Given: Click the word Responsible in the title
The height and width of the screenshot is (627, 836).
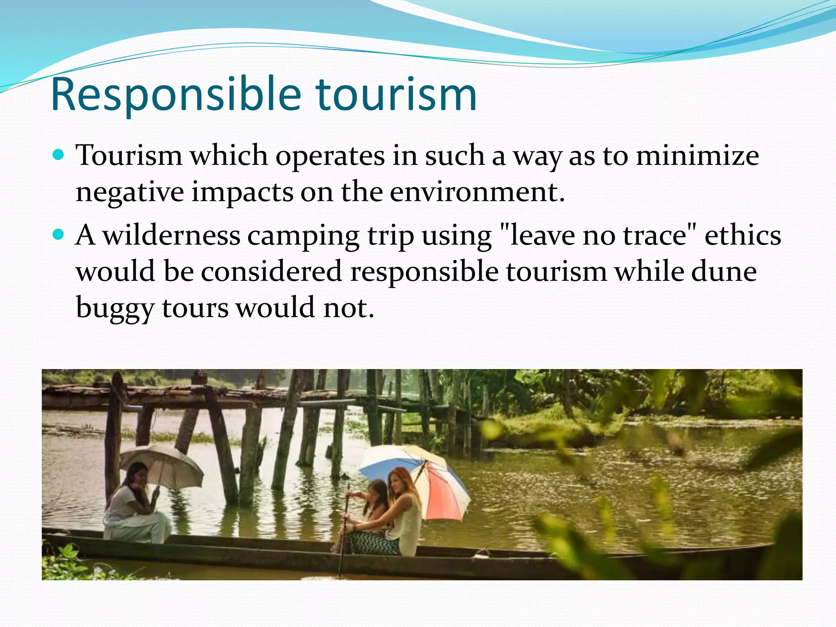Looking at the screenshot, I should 176,95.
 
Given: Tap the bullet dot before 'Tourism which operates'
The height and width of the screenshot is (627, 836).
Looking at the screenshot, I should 59,156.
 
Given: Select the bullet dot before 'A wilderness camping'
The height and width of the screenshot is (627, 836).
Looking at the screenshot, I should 59,235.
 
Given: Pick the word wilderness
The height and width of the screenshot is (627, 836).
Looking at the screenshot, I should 171,236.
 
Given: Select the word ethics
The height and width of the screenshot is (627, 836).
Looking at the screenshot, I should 743,236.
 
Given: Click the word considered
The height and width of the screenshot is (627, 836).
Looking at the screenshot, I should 271,271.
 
